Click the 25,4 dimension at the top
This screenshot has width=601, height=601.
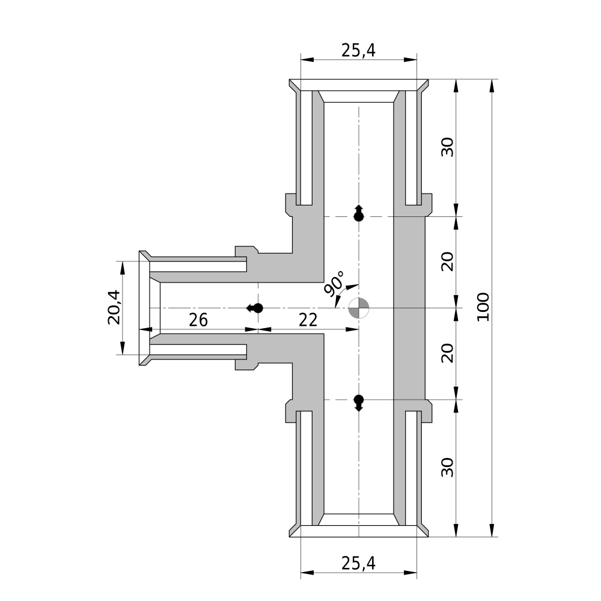[358, 50]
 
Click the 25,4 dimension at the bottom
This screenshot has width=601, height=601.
[358, 563]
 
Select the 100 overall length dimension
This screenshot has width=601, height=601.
[484, 307]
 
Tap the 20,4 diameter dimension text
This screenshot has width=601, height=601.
[114, 307]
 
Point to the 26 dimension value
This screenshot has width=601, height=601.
[198, 320]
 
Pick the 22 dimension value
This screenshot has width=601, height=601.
[308, 320]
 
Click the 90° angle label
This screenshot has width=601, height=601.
[334, 284]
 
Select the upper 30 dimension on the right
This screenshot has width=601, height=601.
[447, 147]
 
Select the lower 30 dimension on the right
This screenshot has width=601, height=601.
[447, 467]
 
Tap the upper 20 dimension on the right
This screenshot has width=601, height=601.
[447, 261]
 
